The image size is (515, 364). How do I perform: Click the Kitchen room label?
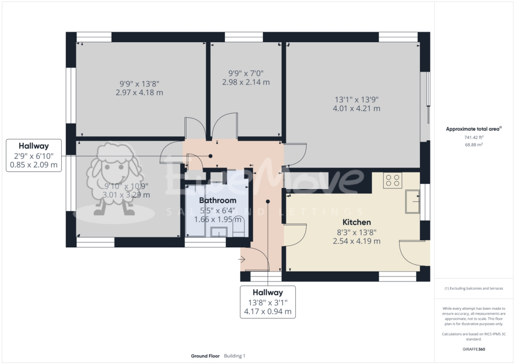point(357,222)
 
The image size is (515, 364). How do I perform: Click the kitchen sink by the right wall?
point(413,202)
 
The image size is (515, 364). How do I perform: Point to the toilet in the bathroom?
point(238,226)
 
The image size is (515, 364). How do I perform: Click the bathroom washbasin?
point(220,231)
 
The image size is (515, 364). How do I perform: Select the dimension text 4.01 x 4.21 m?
point(357,108)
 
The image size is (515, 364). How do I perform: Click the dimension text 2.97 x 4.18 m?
point(139,93)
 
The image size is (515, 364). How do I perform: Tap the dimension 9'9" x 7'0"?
point(246,73)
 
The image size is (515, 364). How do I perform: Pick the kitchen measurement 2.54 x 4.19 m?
point(357,241)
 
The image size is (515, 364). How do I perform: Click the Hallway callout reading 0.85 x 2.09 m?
point(34,164)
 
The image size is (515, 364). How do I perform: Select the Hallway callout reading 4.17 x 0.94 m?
point(268,311)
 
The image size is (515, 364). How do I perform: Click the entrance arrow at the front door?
point(241,259)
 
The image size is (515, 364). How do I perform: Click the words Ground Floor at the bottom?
point(205,356)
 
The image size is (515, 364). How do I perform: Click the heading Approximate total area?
point(473,129)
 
